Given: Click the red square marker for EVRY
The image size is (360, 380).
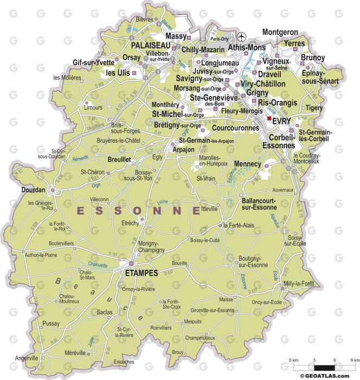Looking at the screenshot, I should pyautogui.click(x=269, y=118).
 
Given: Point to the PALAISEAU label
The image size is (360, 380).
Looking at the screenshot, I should pyautogui.click(x=149, y=45).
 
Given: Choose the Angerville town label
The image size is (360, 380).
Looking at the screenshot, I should pyautogui.click(x=27, y=358).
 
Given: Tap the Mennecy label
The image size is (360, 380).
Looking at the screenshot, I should pyautogui.click(x=248, y=163).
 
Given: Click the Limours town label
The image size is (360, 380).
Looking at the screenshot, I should pyautogui.click(x=93, y=107).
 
